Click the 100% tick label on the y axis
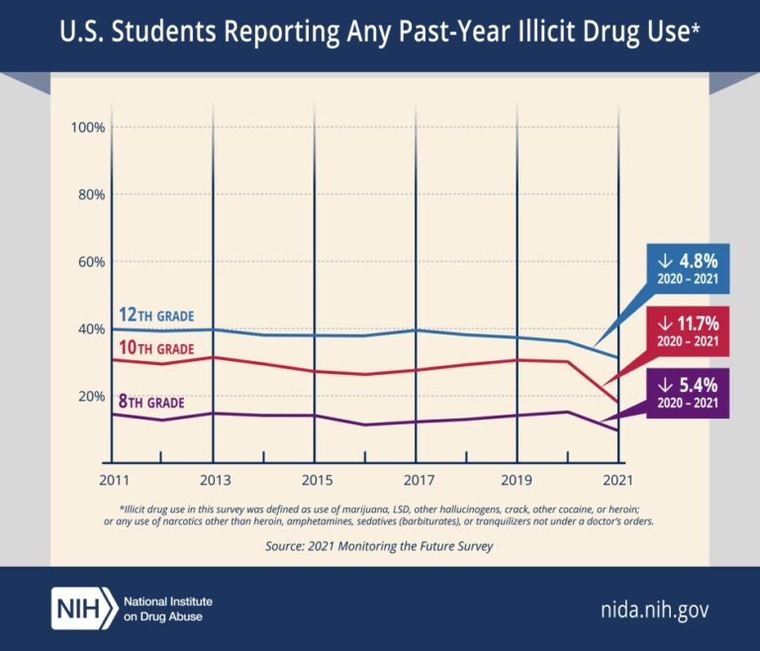tap(88, 128)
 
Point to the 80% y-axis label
tap(91, 195)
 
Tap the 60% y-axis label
tap(91, 262)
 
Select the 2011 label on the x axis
tap(111, 481)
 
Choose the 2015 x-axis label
tap(315, 481)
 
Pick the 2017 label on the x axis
tap(416, 481)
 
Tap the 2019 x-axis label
tap(518, 481)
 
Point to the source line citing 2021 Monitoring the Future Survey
tap(379, 545)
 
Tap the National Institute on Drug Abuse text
tap(168, 607)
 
